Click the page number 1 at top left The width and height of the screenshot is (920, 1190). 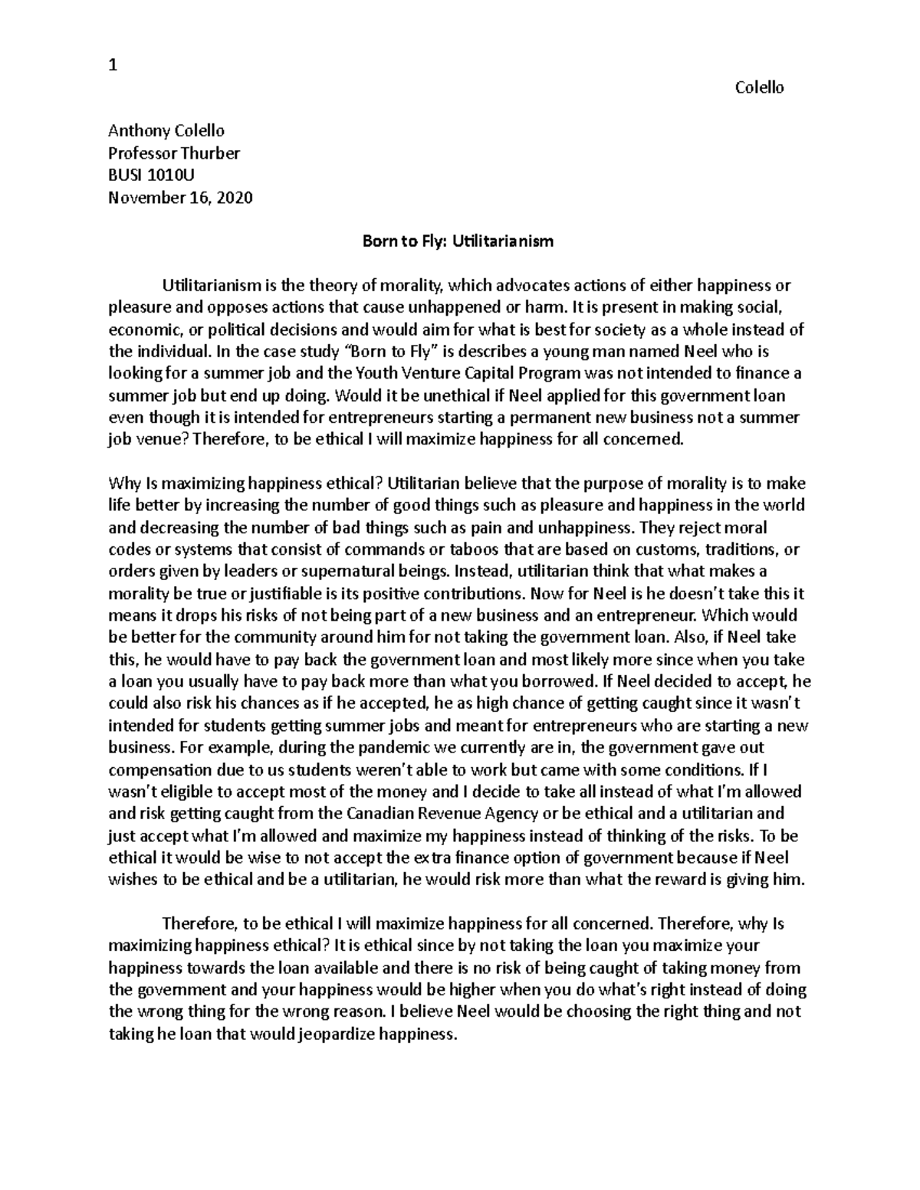pos(113,65)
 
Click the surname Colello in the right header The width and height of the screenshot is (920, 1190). pos(759,87)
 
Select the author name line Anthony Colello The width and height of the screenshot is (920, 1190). pos(166,131)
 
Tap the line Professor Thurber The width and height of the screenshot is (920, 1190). pos(174,153)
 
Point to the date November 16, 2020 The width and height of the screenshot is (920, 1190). pos(180,198)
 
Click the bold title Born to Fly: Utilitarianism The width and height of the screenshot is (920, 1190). pos(458,241)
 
